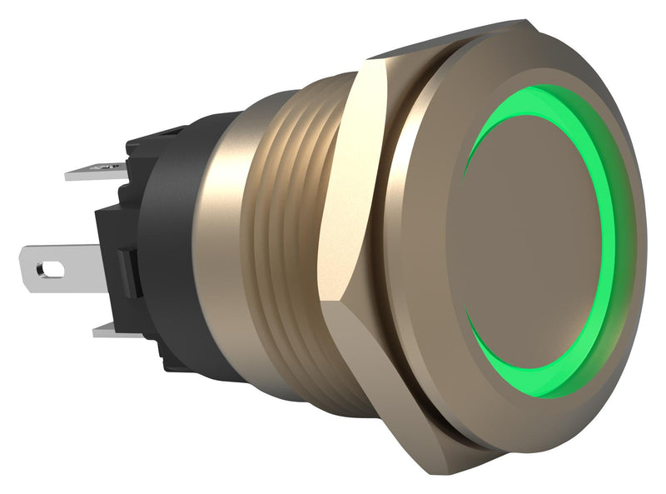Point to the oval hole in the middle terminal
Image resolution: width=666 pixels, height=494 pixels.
coord(51,269)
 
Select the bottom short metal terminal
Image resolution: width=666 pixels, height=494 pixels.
coord(112,330)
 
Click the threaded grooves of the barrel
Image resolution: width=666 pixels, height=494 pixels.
coord(287,242)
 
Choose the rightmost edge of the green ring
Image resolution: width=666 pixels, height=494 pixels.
coord(614,242)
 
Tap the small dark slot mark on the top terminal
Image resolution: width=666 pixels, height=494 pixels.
coord(107,168)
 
